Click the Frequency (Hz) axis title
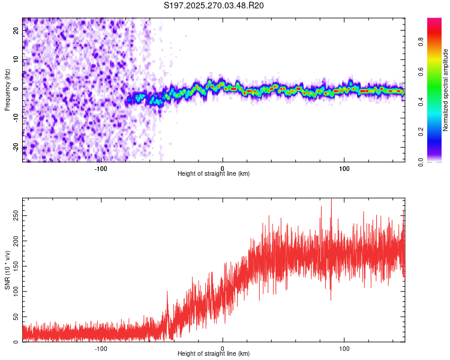click(7, 90)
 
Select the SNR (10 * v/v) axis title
click(7, 270)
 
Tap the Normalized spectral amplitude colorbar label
click(446, 90)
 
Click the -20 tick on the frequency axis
click(16, 148)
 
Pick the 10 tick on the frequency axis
click(17, 59)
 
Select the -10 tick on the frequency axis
click(16, 118)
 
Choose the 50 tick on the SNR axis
click(16, 316)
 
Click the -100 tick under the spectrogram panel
click(100, 168)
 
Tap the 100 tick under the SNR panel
click(344, 348)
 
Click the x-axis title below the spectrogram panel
click(214, 174)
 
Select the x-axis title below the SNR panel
click(214, 354)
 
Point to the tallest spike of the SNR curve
click(331, 200)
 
